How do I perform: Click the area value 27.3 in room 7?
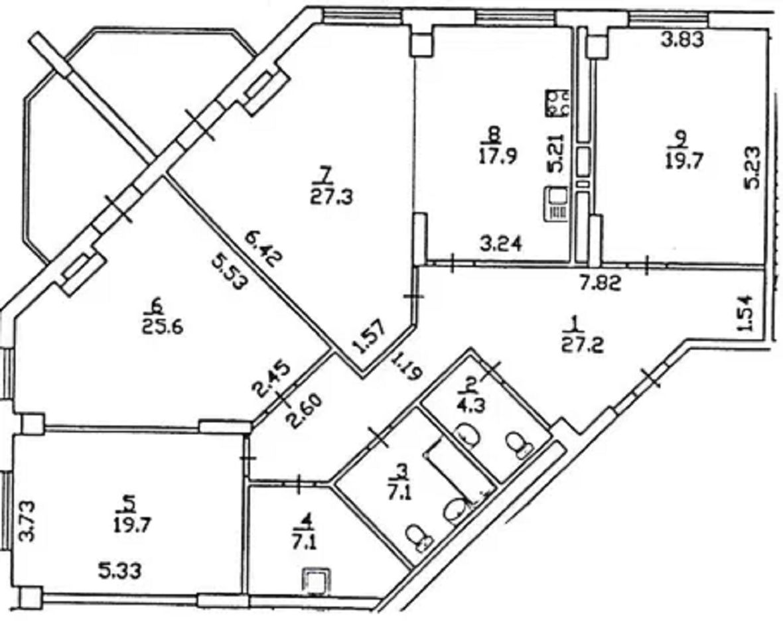[x=331, y=197]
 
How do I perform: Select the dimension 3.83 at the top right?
[x=682, y=39]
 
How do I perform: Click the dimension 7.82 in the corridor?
[x=600, y=284]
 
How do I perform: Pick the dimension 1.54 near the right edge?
[x=744, y=314]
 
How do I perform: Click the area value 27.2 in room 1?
[x=582, y=345]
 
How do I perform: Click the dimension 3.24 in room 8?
[x=501, y=243]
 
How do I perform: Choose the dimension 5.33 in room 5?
[x=119, y=570]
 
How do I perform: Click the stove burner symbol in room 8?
[x=558, y=103]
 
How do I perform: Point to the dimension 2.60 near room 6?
[x=304, y=412]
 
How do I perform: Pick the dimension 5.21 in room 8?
[x=556, y=153]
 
